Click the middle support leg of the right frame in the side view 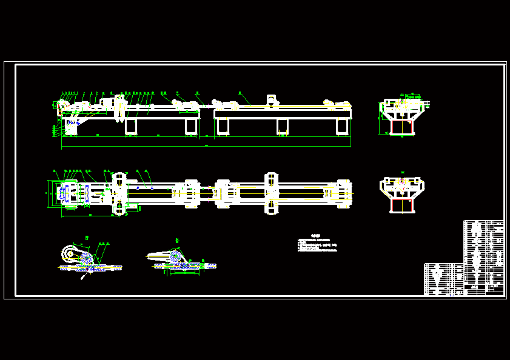[x=282, y=125]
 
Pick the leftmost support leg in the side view [x=131, y=125]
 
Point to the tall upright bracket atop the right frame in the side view [x=271, y=100]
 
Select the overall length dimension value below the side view [x=206, y=146]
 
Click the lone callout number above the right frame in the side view [x=240, y=93]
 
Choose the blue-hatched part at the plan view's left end [x=62, y=193]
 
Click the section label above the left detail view [x=87, y=236]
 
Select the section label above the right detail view [x=176, y=241]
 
